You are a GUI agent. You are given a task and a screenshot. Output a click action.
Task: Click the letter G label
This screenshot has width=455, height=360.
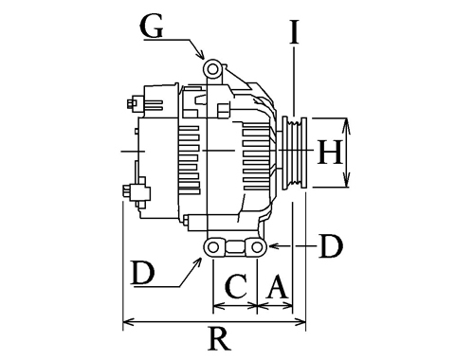(152, 27)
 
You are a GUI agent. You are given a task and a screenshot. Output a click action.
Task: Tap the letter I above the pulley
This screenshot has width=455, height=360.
(295, 31)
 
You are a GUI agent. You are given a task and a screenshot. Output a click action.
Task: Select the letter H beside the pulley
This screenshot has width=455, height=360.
(330, 153)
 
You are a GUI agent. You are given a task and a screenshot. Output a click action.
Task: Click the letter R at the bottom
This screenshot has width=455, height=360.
(219, 338)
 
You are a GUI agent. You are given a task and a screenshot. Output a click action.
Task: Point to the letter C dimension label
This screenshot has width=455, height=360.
(236, 287)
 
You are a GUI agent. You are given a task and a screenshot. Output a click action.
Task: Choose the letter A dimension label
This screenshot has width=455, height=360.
(277, 287)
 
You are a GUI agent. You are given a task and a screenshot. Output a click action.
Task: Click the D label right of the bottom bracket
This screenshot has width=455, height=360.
(331, 246)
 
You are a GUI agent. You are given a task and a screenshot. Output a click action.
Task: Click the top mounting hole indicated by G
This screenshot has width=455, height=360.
(212, 68)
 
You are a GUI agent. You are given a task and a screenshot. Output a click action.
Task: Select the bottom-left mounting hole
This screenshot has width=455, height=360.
(213, 247)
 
